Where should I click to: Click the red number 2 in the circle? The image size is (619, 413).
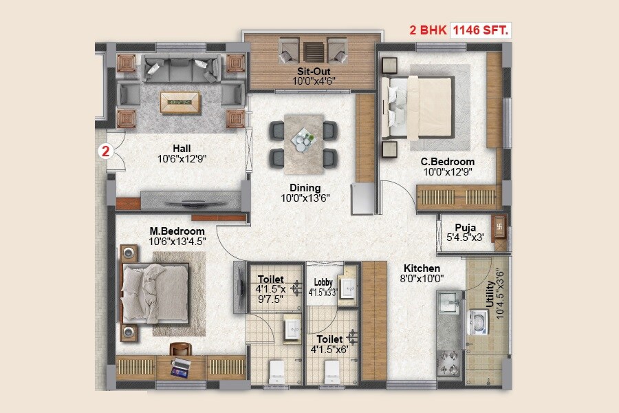[x=106, y=151]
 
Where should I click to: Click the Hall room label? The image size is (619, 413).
[x=182, y=148]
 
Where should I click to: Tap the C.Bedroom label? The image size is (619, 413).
[x=448, y=162]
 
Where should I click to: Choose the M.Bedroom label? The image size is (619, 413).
[x=177, y=231]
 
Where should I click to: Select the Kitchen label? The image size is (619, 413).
[x=422, y=268]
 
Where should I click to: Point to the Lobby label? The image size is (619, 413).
[x=323, y=282]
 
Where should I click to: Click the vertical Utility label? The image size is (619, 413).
[x=490, y=297]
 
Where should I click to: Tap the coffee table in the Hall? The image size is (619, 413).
[x=181, y=102]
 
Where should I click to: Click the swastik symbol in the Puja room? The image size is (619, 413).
[x=500, y=224]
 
